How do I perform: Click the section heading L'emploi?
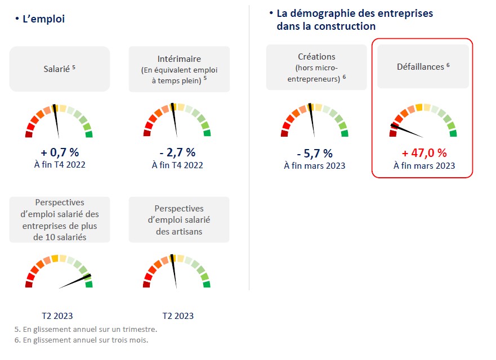[x=43, y=19]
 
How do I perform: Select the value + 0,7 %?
[x=59, y=152]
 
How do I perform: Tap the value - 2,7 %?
[x=177, y=152]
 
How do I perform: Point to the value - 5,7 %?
[x=315, y=153]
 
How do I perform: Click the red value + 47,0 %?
[x=424, y=153]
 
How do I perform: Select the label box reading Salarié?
[x=59, y=69]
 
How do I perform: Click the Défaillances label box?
[x=423, y=66]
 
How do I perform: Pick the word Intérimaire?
[x=180, y=58]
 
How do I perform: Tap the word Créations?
[x=316, y=56]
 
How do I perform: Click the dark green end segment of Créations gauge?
[x=344, y=133]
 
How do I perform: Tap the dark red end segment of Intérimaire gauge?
[x=148, y=133]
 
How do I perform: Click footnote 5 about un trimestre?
[x=86, y=329]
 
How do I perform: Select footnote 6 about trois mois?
[x=82, y=340]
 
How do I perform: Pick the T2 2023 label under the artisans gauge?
[x=178, y=316]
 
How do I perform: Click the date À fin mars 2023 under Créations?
[x=315, y=165]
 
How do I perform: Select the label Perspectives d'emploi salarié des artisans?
[x=178, y=220]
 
